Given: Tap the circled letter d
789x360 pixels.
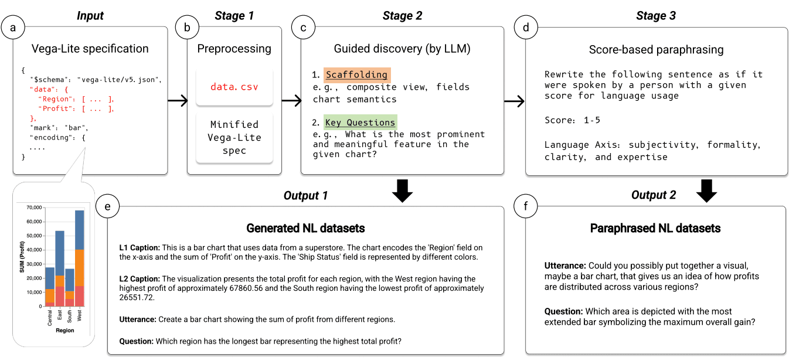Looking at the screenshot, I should point(526,27).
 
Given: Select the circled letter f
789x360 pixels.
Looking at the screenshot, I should point(526,206).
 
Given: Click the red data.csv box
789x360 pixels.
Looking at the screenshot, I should point(234,87).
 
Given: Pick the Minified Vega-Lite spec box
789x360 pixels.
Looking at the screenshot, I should point(234,137).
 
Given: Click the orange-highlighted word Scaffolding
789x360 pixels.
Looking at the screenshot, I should point(356,75).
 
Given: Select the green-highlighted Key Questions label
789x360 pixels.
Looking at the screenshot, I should point(360,123).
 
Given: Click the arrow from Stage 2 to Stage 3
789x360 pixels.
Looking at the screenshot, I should point(514,101).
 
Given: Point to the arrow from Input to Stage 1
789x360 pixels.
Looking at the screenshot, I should point(177,101).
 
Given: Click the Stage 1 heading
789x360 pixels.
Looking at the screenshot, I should point(234,16).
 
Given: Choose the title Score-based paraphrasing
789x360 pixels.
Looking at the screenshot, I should point(656,50).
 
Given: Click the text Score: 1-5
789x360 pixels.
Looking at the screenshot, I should point(572,120).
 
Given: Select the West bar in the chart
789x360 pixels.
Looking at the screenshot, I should point(79,258).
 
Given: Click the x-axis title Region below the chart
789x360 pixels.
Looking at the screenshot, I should point(64,331).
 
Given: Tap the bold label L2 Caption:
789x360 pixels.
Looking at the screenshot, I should point(140,279).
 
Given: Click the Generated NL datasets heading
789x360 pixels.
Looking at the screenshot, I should point(305,227).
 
